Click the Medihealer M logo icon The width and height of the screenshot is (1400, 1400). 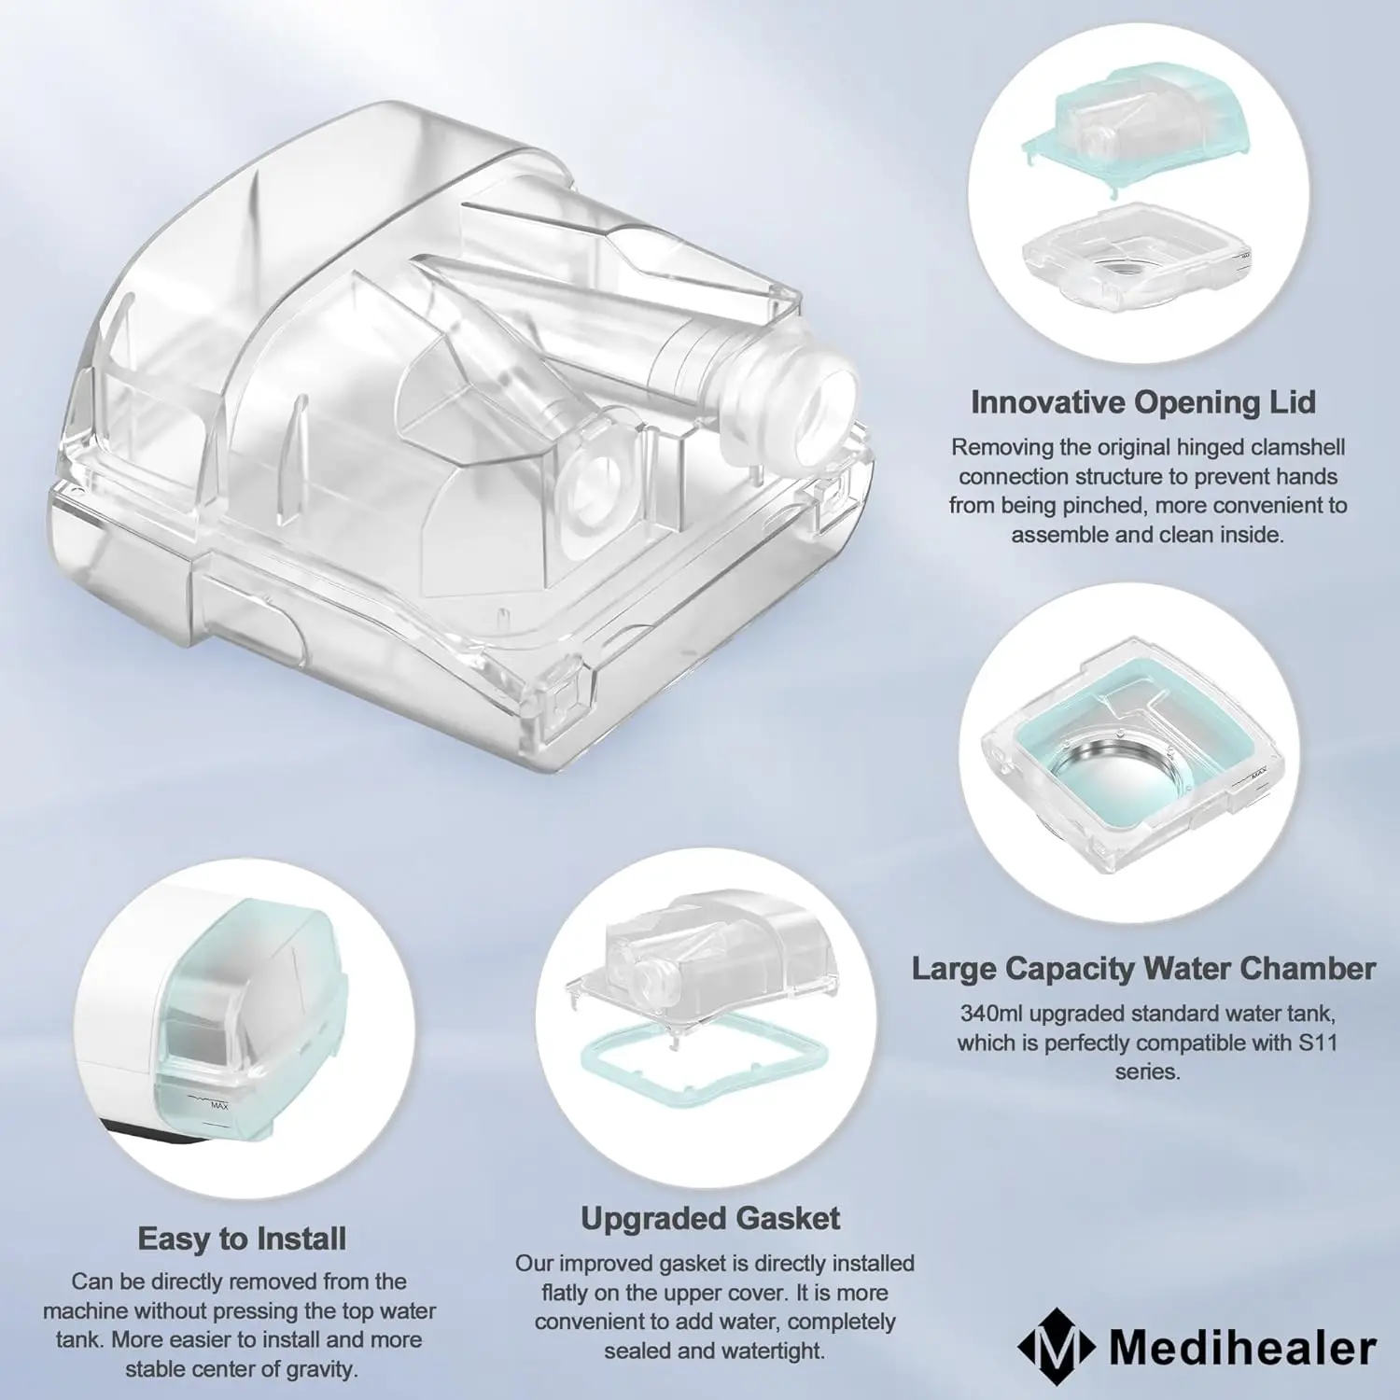click(x=1056, y=1346)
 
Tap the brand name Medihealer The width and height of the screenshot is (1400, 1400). click(x=1242, y=1348)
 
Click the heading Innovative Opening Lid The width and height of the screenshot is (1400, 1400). click(x=1143, y=402)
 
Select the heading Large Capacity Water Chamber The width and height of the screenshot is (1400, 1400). click(x=1143, y=969)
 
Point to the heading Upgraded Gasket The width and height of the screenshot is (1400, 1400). click(x=710, y=1218)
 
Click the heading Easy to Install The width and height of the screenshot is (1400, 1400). click(x=242, y=1239)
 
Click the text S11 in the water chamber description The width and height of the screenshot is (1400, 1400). click(x=1318, y=1042)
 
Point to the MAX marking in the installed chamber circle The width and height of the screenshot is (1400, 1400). click(x=218, y=1105)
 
